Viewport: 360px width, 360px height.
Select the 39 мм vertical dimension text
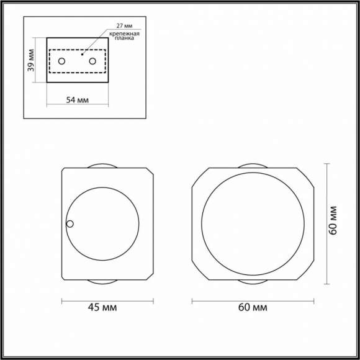[x=32, y=60]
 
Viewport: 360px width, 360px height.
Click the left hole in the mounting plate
[x=62, y=61]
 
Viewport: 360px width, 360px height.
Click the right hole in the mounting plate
[x=93, y=61]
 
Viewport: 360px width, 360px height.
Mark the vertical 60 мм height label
[x=333, y=220]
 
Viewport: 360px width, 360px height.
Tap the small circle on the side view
[x=70, y=224]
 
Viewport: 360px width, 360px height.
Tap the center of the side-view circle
[x=102, y=223]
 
